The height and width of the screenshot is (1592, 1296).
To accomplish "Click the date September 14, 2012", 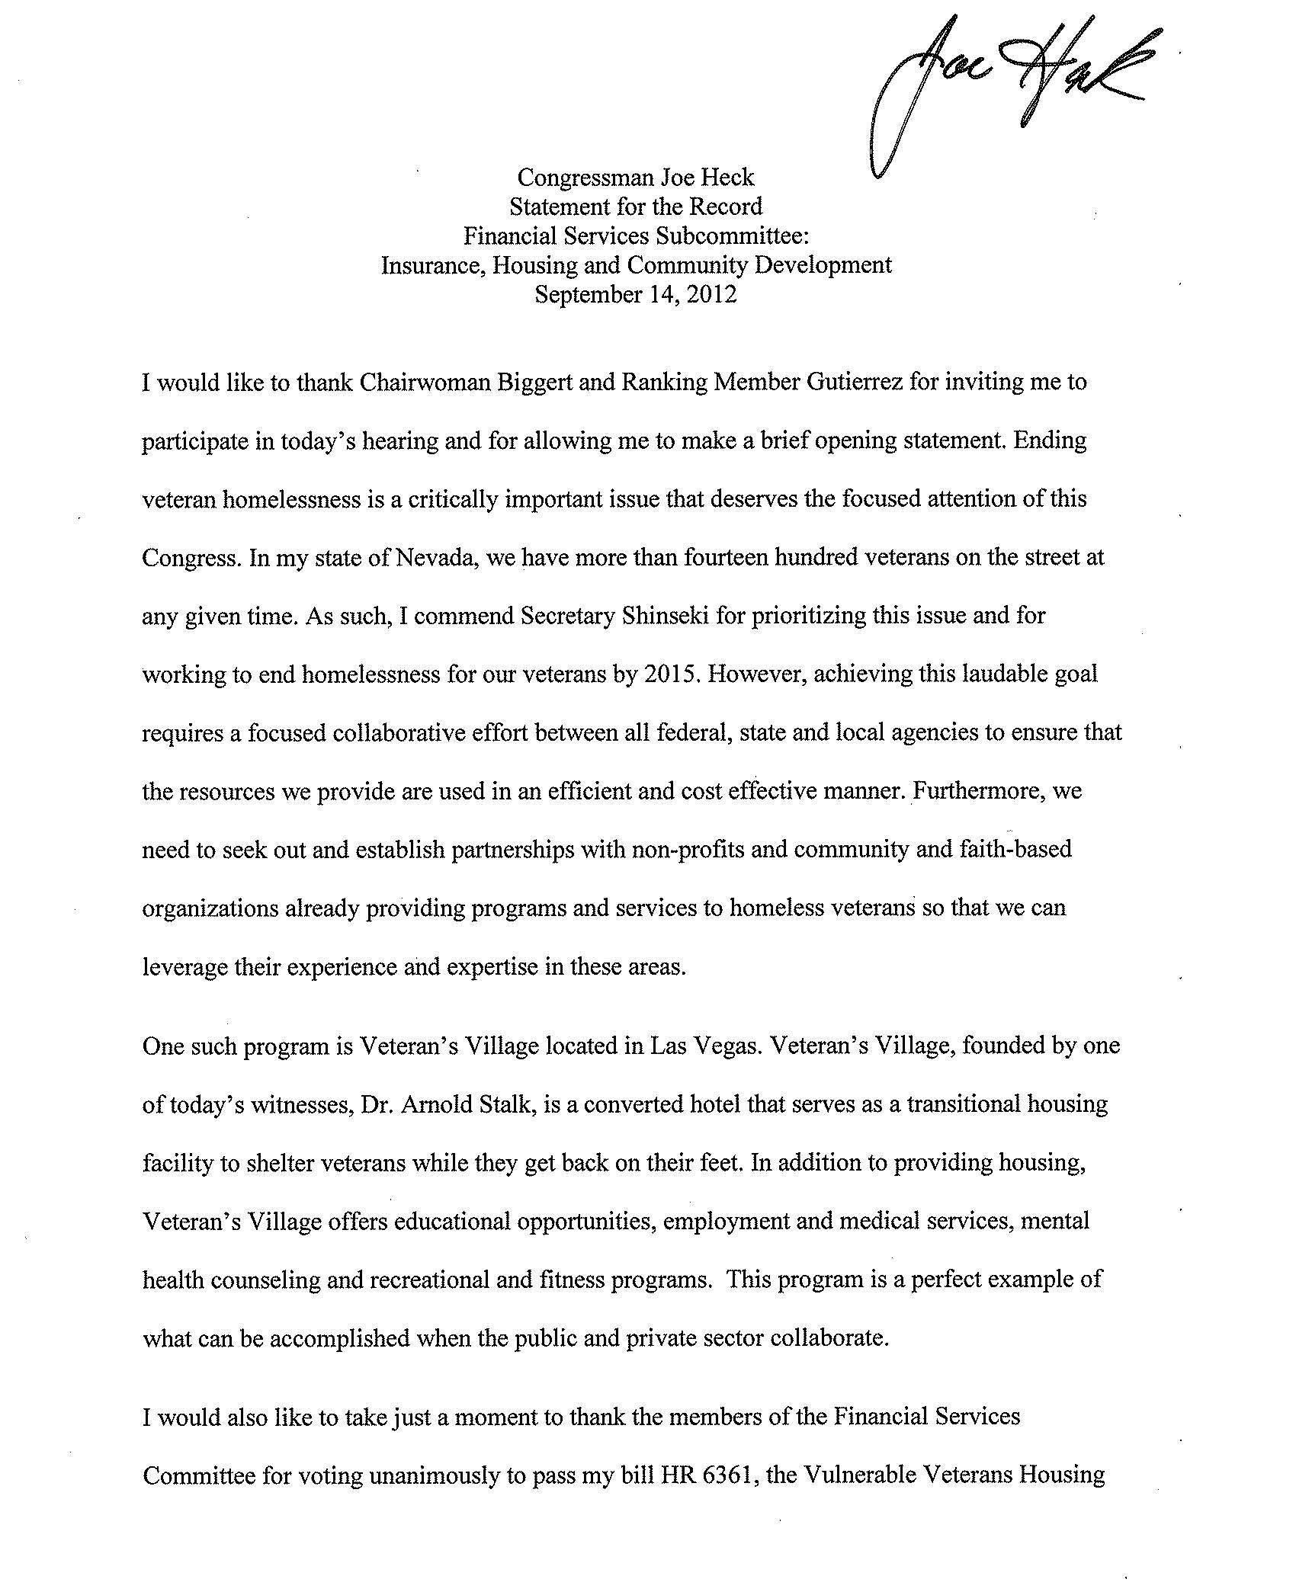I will click(636, 295).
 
